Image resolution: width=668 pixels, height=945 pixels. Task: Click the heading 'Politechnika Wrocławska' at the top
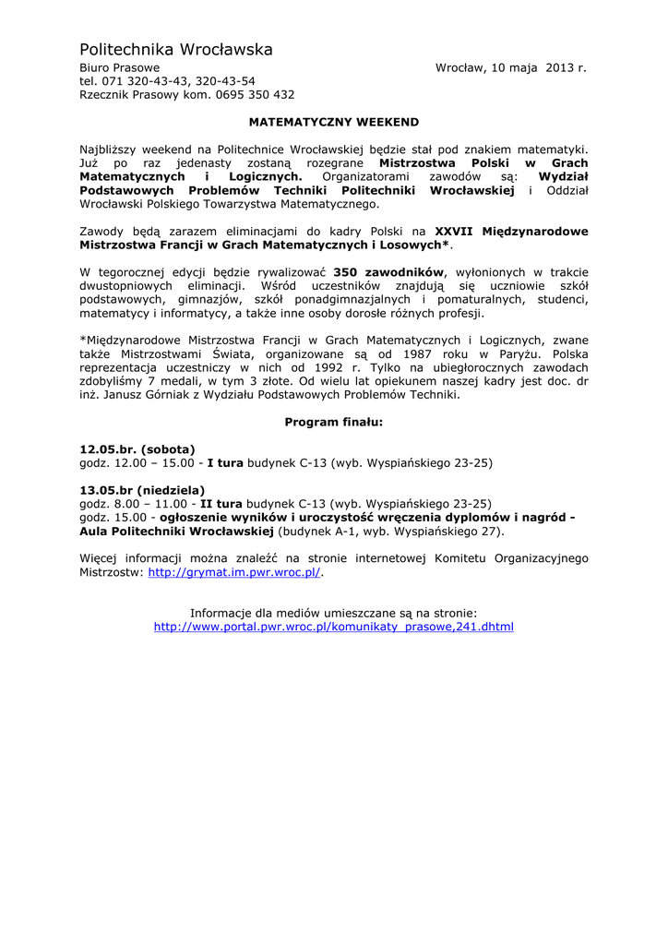[x=175, y=49]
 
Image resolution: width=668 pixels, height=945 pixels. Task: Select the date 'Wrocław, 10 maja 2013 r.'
[x=510, y=68]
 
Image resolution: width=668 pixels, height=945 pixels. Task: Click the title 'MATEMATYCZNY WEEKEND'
[x=334, y=122]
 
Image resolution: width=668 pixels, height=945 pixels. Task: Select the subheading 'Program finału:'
[x=333, y=422]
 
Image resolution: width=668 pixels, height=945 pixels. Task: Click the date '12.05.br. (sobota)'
[x=137, y=449]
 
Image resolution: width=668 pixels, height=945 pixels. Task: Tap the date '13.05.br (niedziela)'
[x=142, y=490]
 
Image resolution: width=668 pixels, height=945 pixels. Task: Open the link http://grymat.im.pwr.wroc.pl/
[x=234, y=572]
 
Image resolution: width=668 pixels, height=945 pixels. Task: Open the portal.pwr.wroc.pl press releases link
[x=334, y=626]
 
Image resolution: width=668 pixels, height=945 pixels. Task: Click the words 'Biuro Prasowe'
[x=119, y=68]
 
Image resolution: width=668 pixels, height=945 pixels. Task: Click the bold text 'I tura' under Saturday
[x=225, y=462]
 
